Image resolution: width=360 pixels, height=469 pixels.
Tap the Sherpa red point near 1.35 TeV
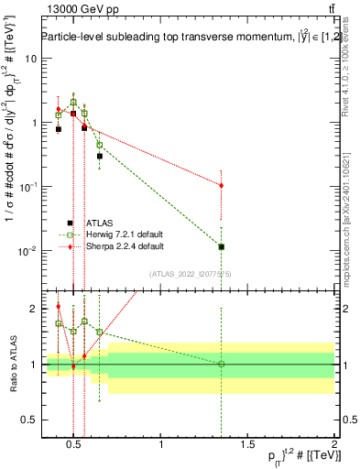221,185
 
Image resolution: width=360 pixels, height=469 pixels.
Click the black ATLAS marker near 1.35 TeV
221,246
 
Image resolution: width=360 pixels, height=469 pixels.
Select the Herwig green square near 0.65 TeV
100,145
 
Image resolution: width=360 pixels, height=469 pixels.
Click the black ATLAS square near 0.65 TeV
100,157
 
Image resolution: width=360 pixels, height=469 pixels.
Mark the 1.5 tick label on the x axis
247,446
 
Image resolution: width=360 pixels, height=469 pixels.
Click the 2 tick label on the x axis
333,446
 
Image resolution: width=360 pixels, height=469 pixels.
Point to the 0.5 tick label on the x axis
75,446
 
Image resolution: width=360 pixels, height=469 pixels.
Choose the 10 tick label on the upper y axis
29,58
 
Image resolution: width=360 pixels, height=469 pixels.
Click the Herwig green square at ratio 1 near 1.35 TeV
221,364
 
